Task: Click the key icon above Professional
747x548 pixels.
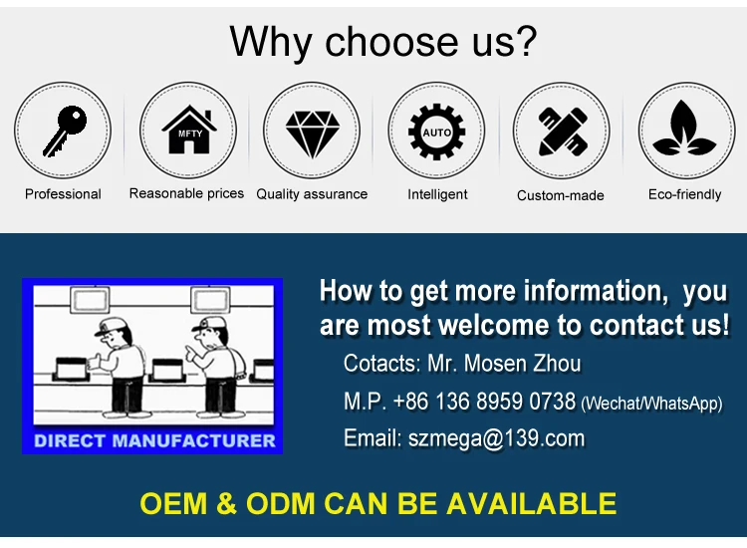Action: click(63, 131)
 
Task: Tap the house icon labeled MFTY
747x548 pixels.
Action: click(187, 131)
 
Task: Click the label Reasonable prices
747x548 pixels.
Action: click(186, 193)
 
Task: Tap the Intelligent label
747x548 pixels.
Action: click(437, 194)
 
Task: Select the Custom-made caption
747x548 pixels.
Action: click(561, 195)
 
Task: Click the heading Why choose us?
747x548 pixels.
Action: click(383, 42)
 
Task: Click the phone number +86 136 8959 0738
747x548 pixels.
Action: click(484, 402)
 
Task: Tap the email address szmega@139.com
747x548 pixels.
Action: click(496, 438)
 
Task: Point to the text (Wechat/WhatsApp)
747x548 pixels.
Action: click(651, 404)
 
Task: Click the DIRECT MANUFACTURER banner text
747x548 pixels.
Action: click(154, 439)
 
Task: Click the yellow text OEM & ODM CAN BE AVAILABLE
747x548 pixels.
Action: click(378, 503)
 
